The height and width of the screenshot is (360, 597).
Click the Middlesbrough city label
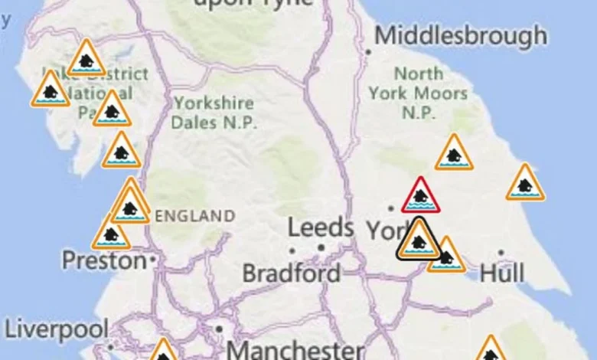461,36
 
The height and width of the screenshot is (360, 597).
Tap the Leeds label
320,228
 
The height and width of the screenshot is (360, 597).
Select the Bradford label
292,273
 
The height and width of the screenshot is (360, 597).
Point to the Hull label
502,273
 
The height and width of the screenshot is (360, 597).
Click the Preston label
103,261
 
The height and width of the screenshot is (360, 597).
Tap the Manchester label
295,351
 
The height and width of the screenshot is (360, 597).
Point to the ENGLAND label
194,215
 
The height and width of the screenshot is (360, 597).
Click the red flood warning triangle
420,196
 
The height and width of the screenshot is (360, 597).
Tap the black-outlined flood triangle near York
418,240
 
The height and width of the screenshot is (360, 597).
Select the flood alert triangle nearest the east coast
525,184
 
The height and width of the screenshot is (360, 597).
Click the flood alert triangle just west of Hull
445,256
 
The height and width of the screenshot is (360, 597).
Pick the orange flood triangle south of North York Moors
454,154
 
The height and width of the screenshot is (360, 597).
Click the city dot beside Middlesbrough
368,52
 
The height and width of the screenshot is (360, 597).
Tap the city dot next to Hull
501,252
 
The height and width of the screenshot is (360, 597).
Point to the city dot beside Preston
153,260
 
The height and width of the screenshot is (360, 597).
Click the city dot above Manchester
219,329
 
